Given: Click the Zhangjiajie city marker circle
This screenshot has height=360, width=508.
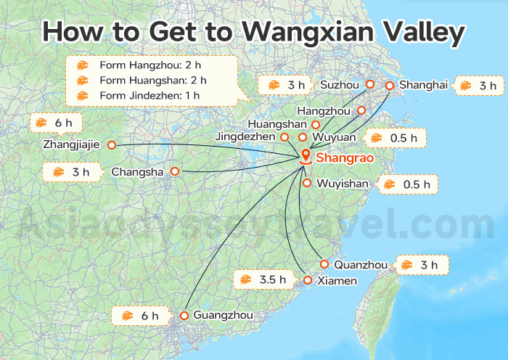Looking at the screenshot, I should [x=112, y=145].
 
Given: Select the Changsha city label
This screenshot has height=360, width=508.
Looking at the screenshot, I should [x=135, y=172].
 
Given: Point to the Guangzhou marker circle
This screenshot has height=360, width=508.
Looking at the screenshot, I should [x=184, y=316].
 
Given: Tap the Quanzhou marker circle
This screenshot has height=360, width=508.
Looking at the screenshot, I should [x=324, y=264].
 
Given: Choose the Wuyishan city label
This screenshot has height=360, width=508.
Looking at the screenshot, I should [x=343, y=184].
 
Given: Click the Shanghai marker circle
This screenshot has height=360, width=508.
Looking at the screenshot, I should [x=389, y=86].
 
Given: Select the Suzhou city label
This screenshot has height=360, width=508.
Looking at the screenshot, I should [x=340, y=86].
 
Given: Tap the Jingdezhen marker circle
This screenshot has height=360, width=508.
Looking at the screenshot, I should [x=284, y=136].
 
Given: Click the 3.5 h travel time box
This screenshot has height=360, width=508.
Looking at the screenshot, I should [x=263, y=279].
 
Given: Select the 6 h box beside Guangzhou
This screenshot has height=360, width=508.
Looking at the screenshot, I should [x=141, y=316].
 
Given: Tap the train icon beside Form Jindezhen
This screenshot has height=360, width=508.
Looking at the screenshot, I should [x=83, y=95].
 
